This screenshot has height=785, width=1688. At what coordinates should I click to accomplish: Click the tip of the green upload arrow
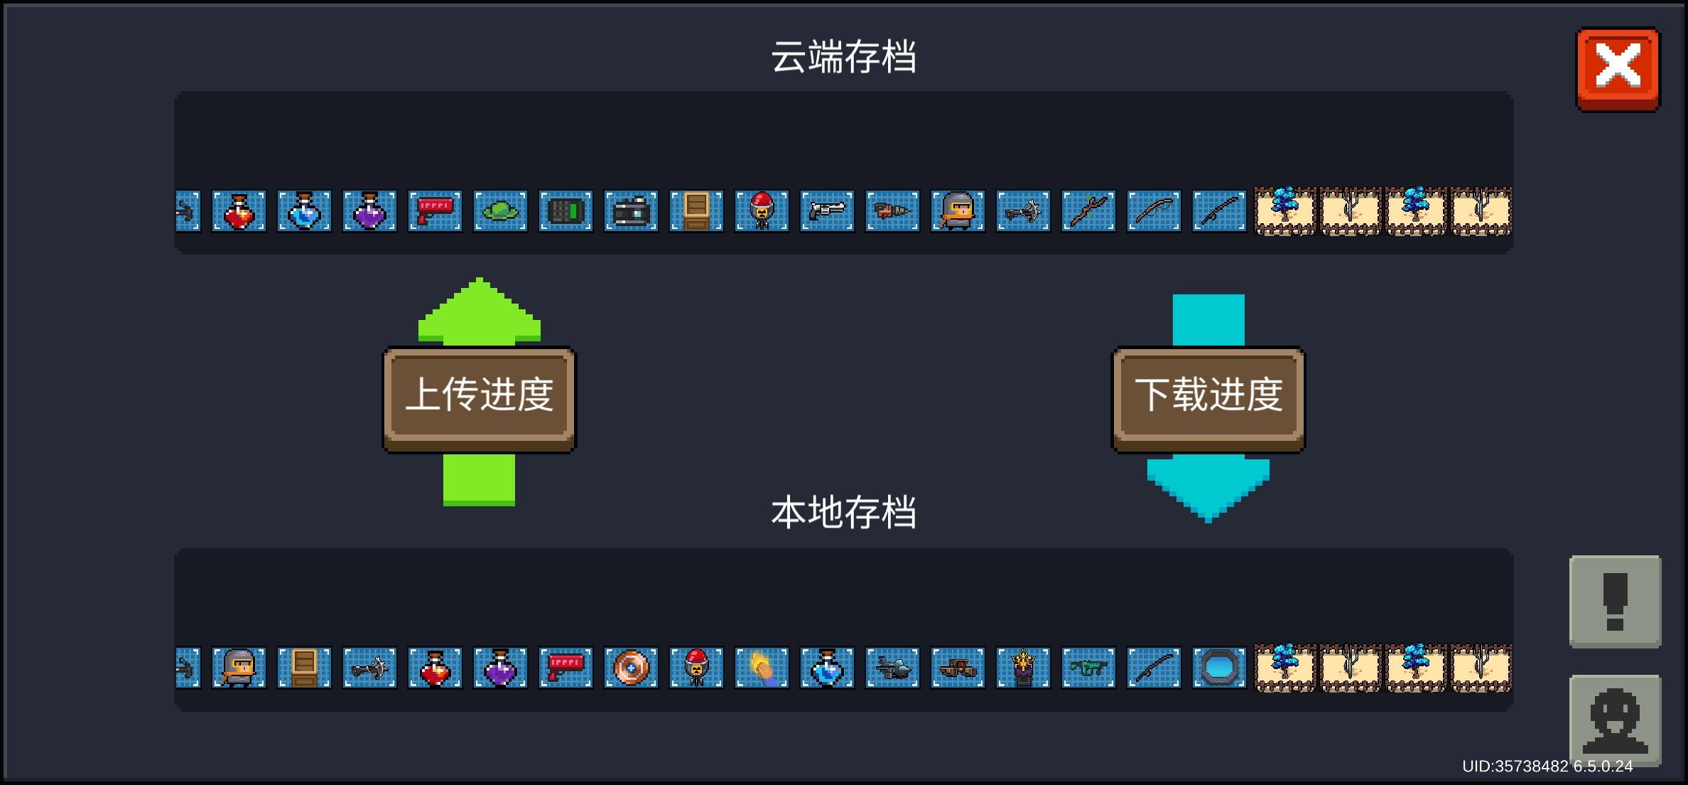(x=480, y=279)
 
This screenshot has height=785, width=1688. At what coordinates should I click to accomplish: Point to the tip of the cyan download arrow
(x=1208, y=521)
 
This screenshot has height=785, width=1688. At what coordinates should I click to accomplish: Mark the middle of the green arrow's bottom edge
(x=479, y=506)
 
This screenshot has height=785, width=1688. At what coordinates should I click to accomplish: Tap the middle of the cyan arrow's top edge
(x=1208, y=295)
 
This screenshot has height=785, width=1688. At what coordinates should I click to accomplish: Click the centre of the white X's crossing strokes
(x=1618, y=66)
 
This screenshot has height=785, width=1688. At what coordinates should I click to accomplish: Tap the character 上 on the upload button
(x=423, y=395)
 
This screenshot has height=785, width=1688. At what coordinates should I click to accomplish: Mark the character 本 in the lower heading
(x=789, y=512)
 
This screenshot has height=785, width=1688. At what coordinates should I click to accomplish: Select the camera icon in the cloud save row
(x=631, y=211)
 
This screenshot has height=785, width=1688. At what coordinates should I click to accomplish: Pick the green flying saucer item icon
(x=500, y=211)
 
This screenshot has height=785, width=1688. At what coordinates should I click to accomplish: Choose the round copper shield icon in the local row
(x=631, y=668)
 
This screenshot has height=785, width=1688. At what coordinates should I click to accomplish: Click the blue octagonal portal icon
(x=1219, y=668)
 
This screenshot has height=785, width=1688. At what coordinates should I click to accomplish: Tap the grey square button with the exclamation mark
(x=1615, y=602)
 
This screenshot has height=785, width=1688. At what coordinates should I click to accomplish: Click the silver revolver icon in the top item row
(x=827, y=211)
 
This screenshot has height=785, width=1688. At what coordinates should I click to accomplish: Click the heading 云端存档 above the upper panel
(x=844, y=57)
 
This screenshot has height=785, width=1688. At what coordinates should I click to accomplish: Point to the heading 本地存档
(x=844, y=512)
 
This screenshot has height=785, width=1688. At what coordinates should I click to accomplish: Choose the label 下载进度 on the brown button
(x=1208, y=395)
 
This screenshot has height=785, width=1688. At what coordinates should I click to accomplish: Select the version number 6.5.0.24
(x=1603, y=767)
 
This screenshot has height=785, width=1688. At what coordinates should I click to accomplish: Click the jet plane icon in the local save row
(x=892, y=668)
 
